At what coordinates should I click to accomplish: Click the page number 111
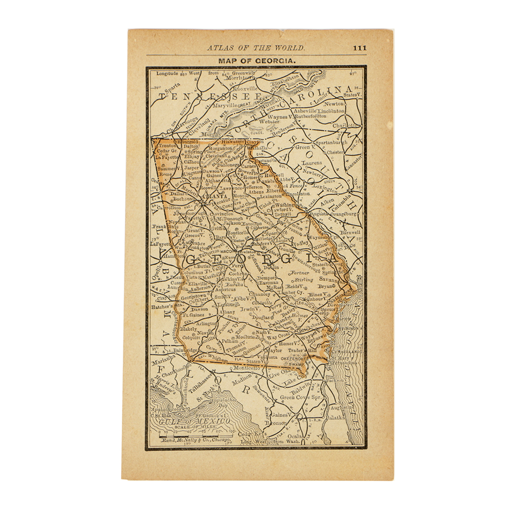pyautogui.click(x=359, y=48)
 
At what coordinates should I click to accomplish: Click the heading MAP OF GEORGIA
pyautogui.click(x=256, y=61)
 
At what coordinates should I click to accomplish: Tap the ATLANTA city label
pyautogui.click(x=215, y=196)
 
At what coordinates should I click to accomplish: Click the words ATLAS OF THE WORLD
pyautogui.click(x=255, y=48)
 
